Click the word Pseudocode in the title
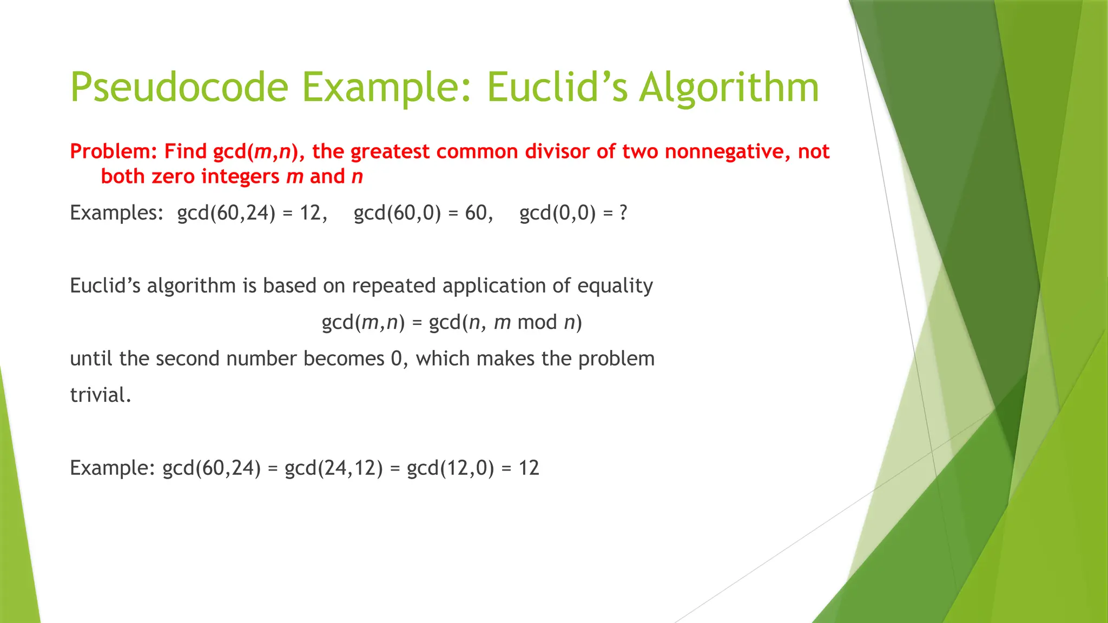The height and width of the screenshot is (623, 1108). [179, 88]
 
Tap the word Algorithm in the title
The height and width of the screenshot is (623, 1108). [729, 88]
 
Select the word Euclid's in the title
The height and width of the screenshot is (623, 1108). [557, 88]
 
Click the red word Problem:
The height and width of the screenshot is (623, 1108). [114, 151]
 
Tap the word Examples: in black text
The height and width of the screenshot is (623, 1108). [116, 213]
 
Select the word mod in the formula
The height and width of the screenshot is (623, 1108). [537, 322]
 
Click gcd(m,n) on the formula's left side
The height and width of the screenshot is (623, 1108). [363, 323]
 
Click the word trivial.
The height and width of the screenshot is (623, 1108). [101, 395]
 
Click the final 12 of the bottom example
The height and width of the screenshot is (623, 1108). [529, 468]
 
